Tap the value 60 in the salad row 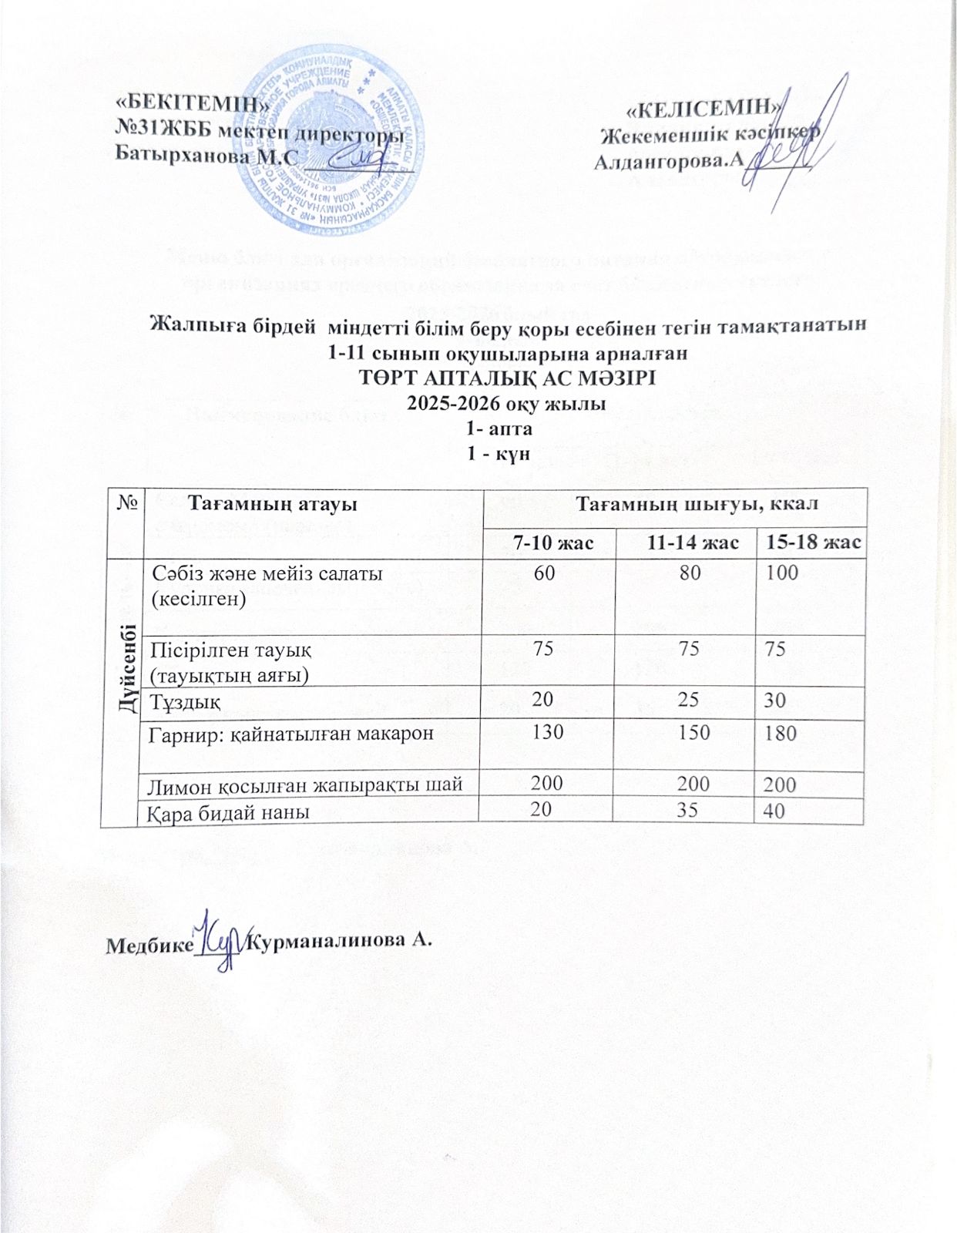coord(549,573)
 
